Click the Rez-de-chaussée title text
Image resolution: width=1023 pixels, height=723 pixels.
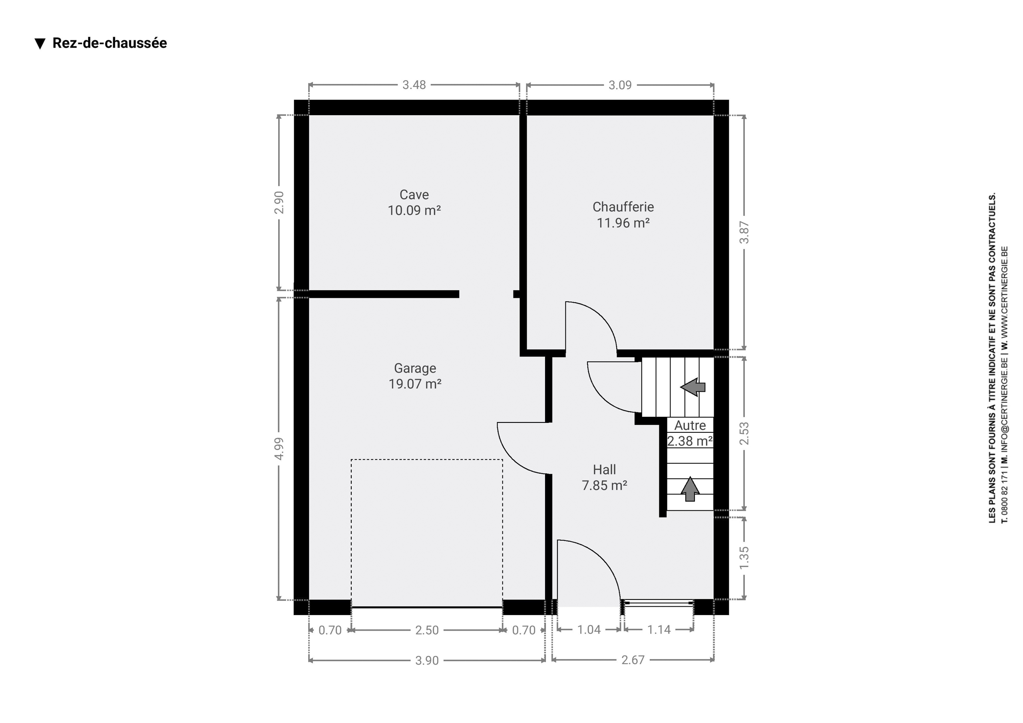pos(109,43)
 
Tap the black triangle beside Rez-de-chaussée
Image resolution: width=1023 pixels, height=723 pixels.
pos(40,44)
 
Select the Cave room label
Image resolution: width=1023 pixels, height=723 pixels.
pos(414,195)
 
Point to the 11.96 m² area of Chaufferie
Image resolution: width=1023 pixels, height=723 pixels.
pos(623,223)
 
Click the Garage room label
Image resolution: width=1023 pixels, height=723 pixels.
pos(415,368)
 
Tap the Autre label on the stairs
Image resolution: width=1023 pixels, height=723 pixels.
pos(690,426)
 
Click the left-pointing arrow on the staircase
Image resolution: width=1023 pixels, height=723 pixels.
pos(693,387)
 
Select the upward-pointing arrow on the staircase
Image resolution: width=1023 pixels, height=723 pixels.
pos(690,489)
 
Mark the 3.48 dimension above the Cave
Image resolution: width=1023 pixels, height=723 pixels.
pos(414,85)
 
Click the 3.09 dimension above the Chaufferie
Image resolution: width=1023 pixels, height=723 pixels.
pos(620,85)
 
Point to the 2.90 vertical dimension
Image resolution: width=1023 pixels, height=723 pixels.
pos(279,202)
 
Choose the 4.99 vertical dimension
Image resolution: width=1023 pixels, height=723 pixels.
pos(279,448)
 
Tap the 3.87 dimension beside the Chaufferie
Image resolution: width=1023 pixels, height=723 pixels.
pos(744,232)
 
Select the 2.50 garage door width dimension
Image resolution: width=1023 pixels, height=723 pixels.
pos(427,630)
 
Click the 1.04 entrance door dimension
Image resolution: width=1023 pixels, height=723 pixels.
pos(589,630)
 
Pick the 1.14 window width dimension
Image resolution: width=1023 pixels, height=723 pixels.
pos(659,630)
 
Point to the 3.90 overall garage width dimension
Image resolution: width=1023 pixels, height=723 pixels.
pos(427,661)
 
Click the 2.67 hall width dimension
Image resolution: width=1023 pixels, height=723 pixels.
pos(633,660)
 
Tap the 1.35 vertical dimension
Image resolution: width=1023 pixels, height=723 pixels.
pos(744,558)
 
